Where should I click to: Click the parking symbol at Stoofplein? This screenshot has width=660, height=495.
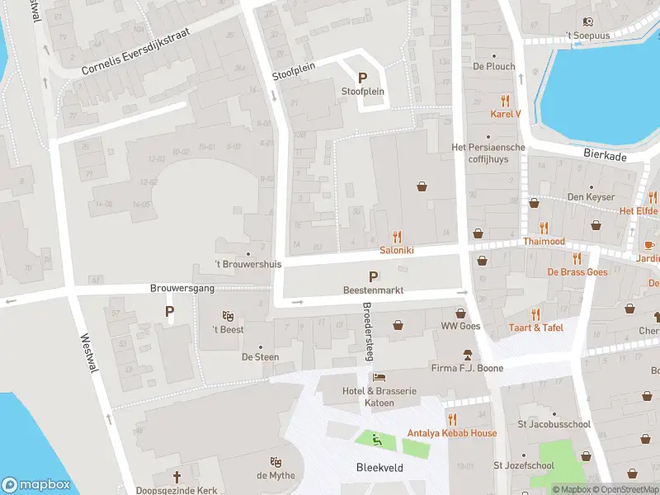pyautogui.click(x=362, y=78)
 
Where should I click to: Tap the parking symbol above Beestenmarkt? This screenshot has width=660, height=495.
pyautogui.click(x=373, y=276)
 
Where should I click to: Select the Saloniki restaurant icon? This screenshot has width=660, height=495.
pyautogui.click(x=397, y=237)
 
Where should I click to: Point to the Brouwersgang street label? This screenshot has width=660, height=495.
pyautogui.click(x=176, y=289)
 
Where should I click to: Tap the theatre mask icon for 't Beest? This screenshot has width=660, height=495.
pyautogui.click(x=229, y=316)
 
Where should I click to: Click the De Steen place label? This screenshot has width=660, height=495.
pyautogui.click(x=260, y=357)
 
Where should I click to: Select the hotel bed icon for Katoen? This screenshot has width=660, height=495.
pyautogui.click(x=378, y=377)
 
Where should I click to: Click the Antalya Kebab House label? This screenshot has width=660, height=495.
pyautogui.click(x=452, y=433)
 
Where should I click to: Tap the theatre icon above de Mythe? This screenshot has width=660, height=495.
pyautogui.click(x=276, y=462)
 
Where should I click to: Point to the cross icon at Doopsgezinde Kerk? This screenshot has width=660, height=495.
pyautogui.click(x=177, y=477)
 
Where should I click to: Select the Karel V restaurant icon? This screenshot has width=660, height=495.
pyautogui.click(x=506, y=101)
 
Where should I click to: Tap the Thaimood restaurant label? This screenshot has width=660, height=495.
pyautogui.click(x=544, y=242)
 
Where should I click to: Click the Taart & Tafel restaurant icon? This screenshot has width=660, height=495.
pyautogui.click(x=535, y=313)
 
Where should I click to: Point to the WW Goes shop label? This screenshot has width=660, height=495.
pyautogui.click(x=460, y=326)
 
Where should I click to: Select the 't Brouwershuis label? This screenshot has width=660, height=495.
pyautogui.click(x=247, y=265)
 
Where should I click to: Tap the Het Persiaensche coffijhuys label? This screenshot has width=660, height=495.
pyautogui.click(x=488, y=153)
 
